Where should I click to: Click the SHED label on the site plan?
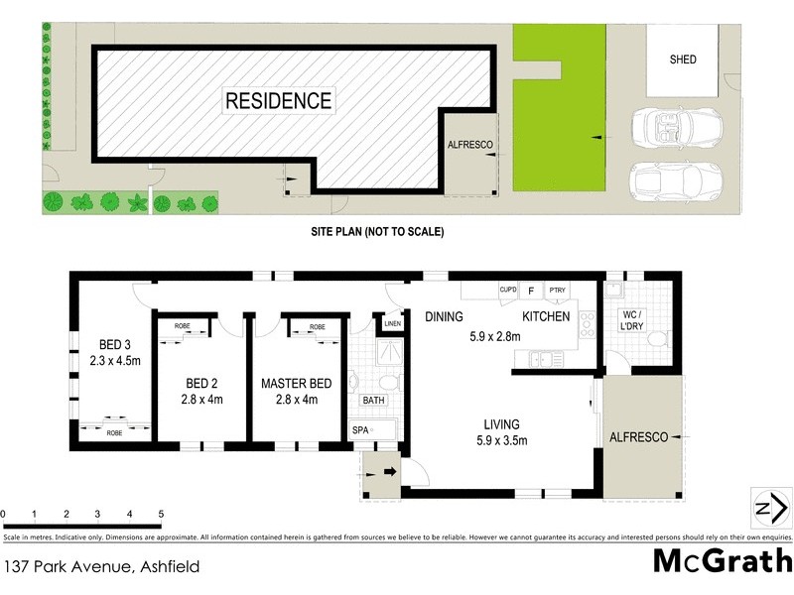[683, 59]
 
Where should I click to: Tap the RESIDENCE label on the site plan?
[278, 100]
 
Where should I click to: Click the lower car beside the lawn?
[676, 180]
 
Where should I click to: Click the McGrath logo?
[722, 560]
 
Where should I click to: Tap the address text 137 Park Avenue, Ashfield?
[101, 567]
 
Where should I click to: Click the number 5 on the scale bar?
[161, 514]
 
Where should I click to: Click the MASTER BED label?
[297, 383]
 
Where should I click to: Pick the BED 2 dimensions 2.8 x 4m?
[202, 400]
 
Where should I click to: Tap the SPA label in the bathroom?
[359, 430]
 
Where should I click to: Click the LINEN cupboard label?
[392, 323]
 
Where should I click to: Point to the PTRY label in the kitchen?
[558, 291]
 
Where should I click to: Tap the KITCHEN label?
[546, 316]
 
